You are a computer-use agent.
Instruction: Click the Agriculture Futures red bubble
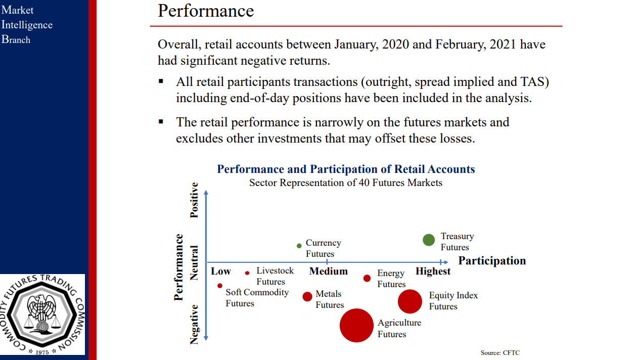pos(356,326)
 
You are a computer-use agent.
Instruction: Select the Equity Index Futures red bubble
pos(410,301)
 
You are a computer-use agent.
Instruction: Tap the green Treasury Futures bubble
pos(429,240)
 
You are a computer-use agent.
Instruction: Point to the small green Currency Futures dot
pos(299,246)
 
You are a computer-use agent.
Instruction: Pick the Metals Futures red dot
pos(307,297)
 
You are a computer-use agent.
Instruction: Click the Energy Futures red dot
pos(367,279)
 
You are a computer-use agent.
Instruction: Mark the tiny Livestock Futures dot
pos(247,273)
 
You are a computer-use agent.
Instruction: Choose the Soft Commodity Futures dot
pos(220,286)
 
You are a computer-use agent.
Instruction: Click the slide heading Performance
pos(206,11)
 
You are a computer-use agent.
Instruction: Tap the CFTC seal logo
pos(42,314)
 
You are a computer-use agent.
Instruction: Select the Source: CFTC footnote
pos(500,352)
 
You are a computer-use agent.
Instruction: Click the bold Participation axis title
pos(492,261)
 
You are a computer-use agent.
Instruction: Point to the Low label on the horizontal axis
pos(221,272)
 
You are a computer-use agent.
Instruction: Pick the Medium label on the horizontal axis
pos(329,272)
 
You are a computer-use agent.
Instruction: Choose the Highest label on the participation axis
pos(433,272)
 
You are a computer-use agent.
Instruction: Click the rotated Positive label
pos(194,200)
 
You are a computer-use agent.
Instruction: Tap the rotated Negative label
pos(194,324)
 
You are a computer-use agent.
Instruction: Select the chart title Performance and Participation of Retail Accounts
pos(346,169)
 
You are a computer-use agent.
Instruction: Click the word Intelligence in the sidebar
pos(27,25)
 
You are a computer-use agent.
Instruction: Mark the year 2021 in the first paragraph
pos(503,44)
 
